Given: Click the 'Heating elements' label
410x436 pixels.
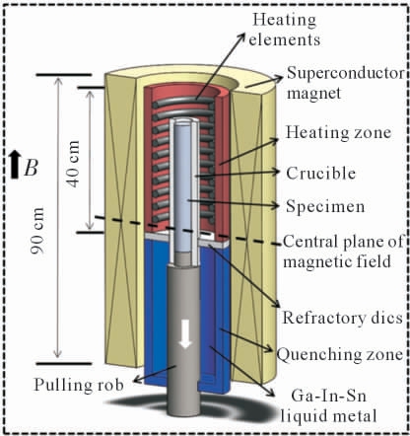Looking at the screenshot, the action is point(285,30).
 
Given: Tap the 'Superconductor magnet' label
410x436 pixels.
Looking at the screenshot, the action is point(346,83).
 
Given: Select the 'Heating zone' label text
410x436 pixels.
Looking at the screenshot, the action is point(338,132).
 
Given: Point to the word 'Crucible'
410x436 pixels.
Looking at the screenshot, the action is point(320,174).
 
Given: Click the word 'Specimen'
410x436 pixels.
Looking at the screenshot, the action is point(325,206).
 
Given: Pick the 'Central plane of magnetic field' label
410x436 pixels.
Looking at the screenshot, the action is point(343,252).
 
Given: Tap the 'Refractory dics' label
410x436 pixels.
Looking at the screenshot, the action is point(343,318).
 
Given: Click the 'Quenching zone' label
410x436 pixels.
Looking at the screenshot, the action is point(340,354).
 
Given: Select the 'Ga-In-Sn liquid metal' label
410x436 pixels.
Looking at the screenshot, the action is point(328,406).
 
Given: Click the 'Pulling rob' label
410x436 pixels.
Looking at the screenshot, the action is point(79,385).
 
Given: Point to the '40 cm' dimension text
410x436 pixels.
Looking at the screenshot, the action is point(74,164).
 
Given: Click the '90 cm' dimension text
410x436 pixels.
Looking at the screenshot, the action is point(37,231).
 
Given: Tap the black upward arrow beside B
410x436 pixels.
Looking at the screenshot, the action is point(14,165).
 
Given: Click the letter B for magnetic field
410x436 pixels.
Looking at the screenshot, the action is point(32,169).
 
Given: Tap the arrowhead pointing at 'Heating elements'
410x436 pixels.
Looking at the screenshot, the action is point(241,36).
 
